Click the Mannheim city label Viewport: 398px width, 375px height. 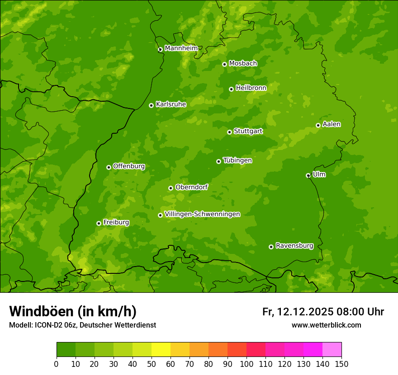coord(181,48)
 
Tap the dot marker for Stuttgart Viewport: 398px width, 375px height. coord(229,132)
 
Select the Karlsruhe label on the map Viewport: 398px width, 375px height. coord(171,104)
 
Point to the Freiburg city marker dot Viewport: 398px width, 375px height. coord(99,223)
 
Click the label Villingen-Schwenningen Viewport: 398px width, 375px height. coord(202,214)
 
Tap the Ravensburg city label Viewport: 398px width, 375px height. coord(294,246)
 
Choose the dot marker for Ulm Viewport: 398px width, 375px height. coord(308,175)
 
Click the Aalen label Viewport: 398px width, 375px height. coord(332,124)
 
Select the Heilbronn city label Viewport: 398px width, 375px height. coord(251,88)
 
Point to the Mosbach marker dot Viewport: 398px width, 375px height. coord(224,64)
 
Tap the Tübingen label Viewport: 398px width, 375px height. coord(237,160)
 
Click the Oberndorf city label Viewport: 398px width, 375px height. coord(191,187)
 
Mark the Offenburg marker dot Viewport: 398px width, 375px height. coord(109,167)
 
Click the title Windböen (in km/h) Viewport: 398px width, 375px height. coord(73,311)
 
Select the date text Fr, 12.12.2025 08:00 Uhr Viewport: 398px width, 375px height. coord(323,312)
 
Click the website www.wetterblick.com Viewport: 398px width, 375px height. coord(326,325)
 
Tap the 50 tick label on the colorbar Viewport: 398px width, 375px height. coord(152,364)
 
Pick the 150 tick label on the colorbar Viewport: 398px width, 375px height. coord(341,364)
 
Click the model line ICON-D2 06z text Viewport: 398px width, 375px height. coord(82,325)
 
